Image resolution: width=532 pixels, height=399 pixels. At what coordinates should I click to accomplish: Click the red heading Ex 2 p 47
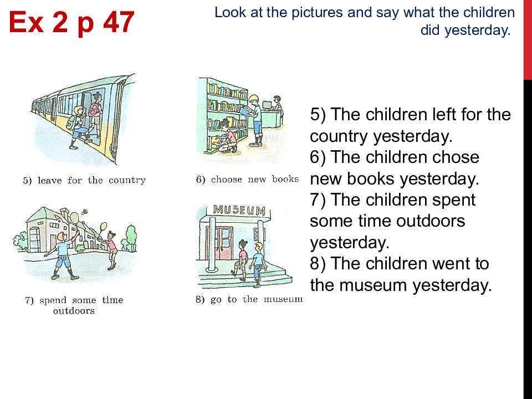pos(71,22)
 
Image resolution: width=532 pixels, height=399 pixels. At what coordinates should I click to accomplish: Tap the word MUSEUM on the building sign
pos(239,211)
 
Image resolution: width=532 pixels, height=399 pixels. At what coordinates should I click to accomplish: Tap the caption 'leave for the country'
pos(84,181)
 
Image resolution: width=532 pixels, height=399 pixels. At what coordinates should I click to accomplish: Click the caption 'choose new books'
pos(247,179)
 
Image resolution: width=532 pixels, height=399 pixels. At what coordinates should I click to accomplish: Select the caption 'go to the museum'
pos(249,299)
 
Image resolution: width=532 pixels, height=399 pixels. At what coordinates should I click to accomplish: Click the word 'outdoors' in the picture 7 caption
pos(74,311)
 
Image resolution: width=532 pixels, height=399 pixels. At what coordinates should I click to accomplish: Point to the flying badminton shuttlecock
pos(85,212)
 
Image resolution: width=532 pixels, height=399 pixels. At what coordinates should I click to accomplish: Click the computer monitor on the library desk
pos(267,105)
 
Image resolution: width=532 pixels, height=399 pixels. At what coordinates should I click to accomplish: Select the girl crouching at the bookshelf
pos(226,136)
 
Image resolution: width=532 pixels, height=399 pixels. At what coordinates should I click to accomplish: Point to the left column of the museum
pos(212,244)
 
